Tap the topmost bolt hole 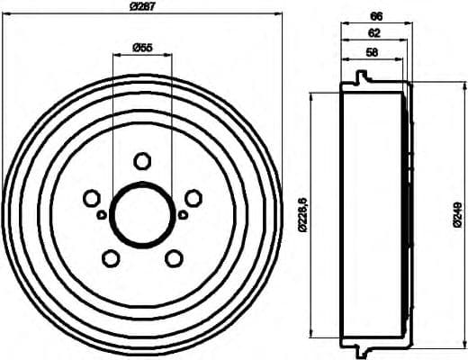(x=141, y=161)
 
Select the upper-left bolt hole (x=91, y=198)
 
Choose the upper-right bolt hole (x=192, y=198)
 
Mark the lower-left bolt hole (x=111, y=258)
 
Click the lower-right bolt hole (x=173, y=258)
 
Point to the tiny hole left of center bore (x=101, y=214)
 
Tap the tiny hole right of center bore (x=182, y=214)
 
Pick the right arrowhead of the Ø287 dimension (x=278, y=18)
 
